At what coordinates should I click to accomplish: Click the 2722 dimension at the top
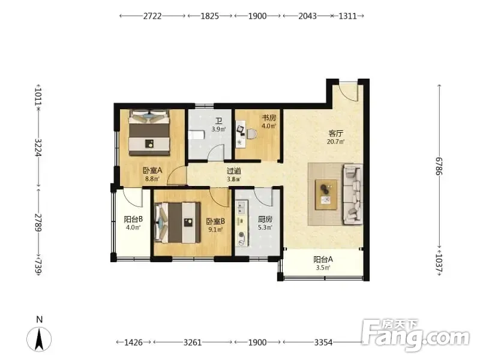[x=152, y=16]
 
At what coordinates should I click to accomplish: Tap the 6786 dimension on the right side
[x=439, y=166]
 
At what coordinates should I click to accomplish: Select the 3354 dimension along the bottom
[x=323, y=342]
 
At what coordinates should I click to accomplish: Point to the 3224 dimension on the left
[x=38, y=148]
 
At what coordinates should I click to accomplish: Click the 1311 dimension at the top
[x=348, y=16]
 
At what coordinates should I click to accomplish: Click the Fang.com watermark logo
[x=416, y=335]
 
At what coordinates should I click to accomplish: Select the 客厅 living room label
[x=336, y=133]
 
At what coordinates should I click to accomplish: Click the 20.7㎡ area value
[x=336, y=142]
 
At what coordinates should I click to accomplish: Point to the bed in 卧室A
[x=149, y=133]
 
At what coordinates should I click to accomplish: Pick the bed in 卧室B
[x=178, y=222]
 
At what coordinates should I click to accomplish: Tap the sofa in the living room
[x=353, y=194]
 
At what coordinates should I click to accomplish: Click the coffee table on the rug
[x=326, y=194]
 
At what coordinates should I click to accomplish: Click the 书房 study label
[x=269, y=118]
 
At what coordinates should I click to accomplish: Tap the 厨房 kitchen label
[x=265, y=219]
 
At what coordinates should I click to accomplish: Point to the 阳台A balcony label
[x=323, y=260]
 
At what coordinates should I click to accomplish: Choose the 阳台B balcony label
[x=133, y=219]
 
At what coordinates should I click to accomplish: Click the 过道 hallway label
[x=233, y=171]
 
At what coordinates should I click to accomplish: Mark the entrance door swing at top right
[x=348, y=92]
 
